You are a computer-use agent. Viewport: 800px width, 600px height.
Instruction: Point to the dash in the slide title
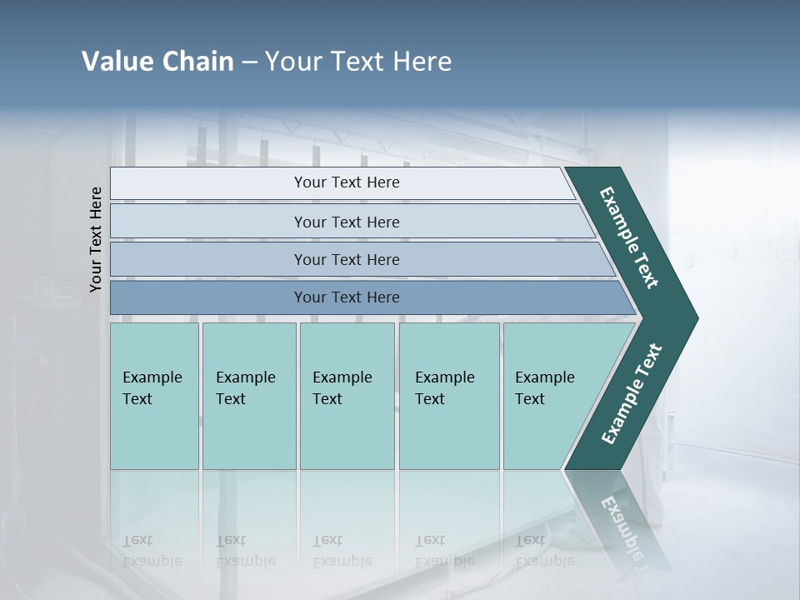coord(249,62)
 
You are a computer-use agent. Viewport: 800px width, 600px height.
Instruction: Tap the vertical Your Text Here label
coord(96,239)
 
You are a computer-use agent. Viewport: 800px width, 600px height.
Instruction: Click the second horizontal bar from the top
coord(347,222)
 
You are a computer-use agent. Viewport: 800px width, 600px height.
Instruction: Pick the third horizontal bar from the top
coord(347,259)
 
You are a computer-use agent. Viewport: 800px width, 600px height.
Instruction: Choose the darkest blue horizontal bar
coord(347,297)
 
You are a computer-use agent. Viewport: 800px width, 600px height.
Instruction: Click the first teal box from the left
coord(154,396)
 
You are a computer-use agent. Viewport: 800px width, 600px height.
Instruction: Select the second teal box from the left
coord(249,396)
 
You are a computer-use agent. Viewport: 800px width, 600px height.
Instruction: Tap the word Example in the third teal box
coord(342,377)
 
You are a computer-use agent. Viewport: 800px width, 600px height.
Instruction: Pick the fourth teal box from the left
coord(449,396)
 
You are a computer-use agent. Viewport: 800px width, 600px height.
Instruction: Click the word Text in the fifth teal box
coord(529,399)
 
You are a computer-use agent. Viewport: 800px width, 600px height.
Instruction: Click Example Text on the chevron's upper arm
coord(629,238)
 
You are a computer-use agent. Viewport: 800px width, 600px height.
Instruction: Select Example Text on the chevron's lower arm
coord(631,394)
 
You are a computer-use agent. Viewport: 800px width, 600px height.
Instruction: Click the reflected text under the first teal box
coord(152,551)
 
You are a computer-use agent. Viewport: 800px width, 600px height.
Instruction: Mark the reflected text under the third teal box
coord(342,551)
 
